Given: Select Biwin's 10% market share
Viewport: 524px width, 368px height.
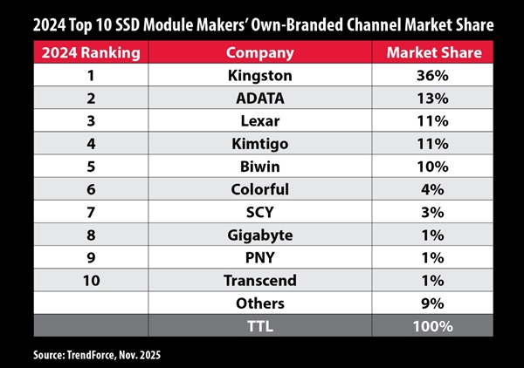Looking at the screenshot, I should click(433, 166).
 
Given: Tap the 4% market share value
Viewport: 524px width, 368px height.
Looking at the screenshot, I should click(433, 188).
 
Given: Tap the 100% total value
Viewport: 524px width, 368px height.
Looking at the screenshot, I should click(433, 326).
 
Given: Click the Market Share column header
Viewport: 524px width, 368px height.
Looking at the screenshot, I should click(433, 52).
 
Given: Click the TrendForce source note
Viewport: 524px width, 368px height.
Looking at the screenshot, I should click(86, 355).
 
